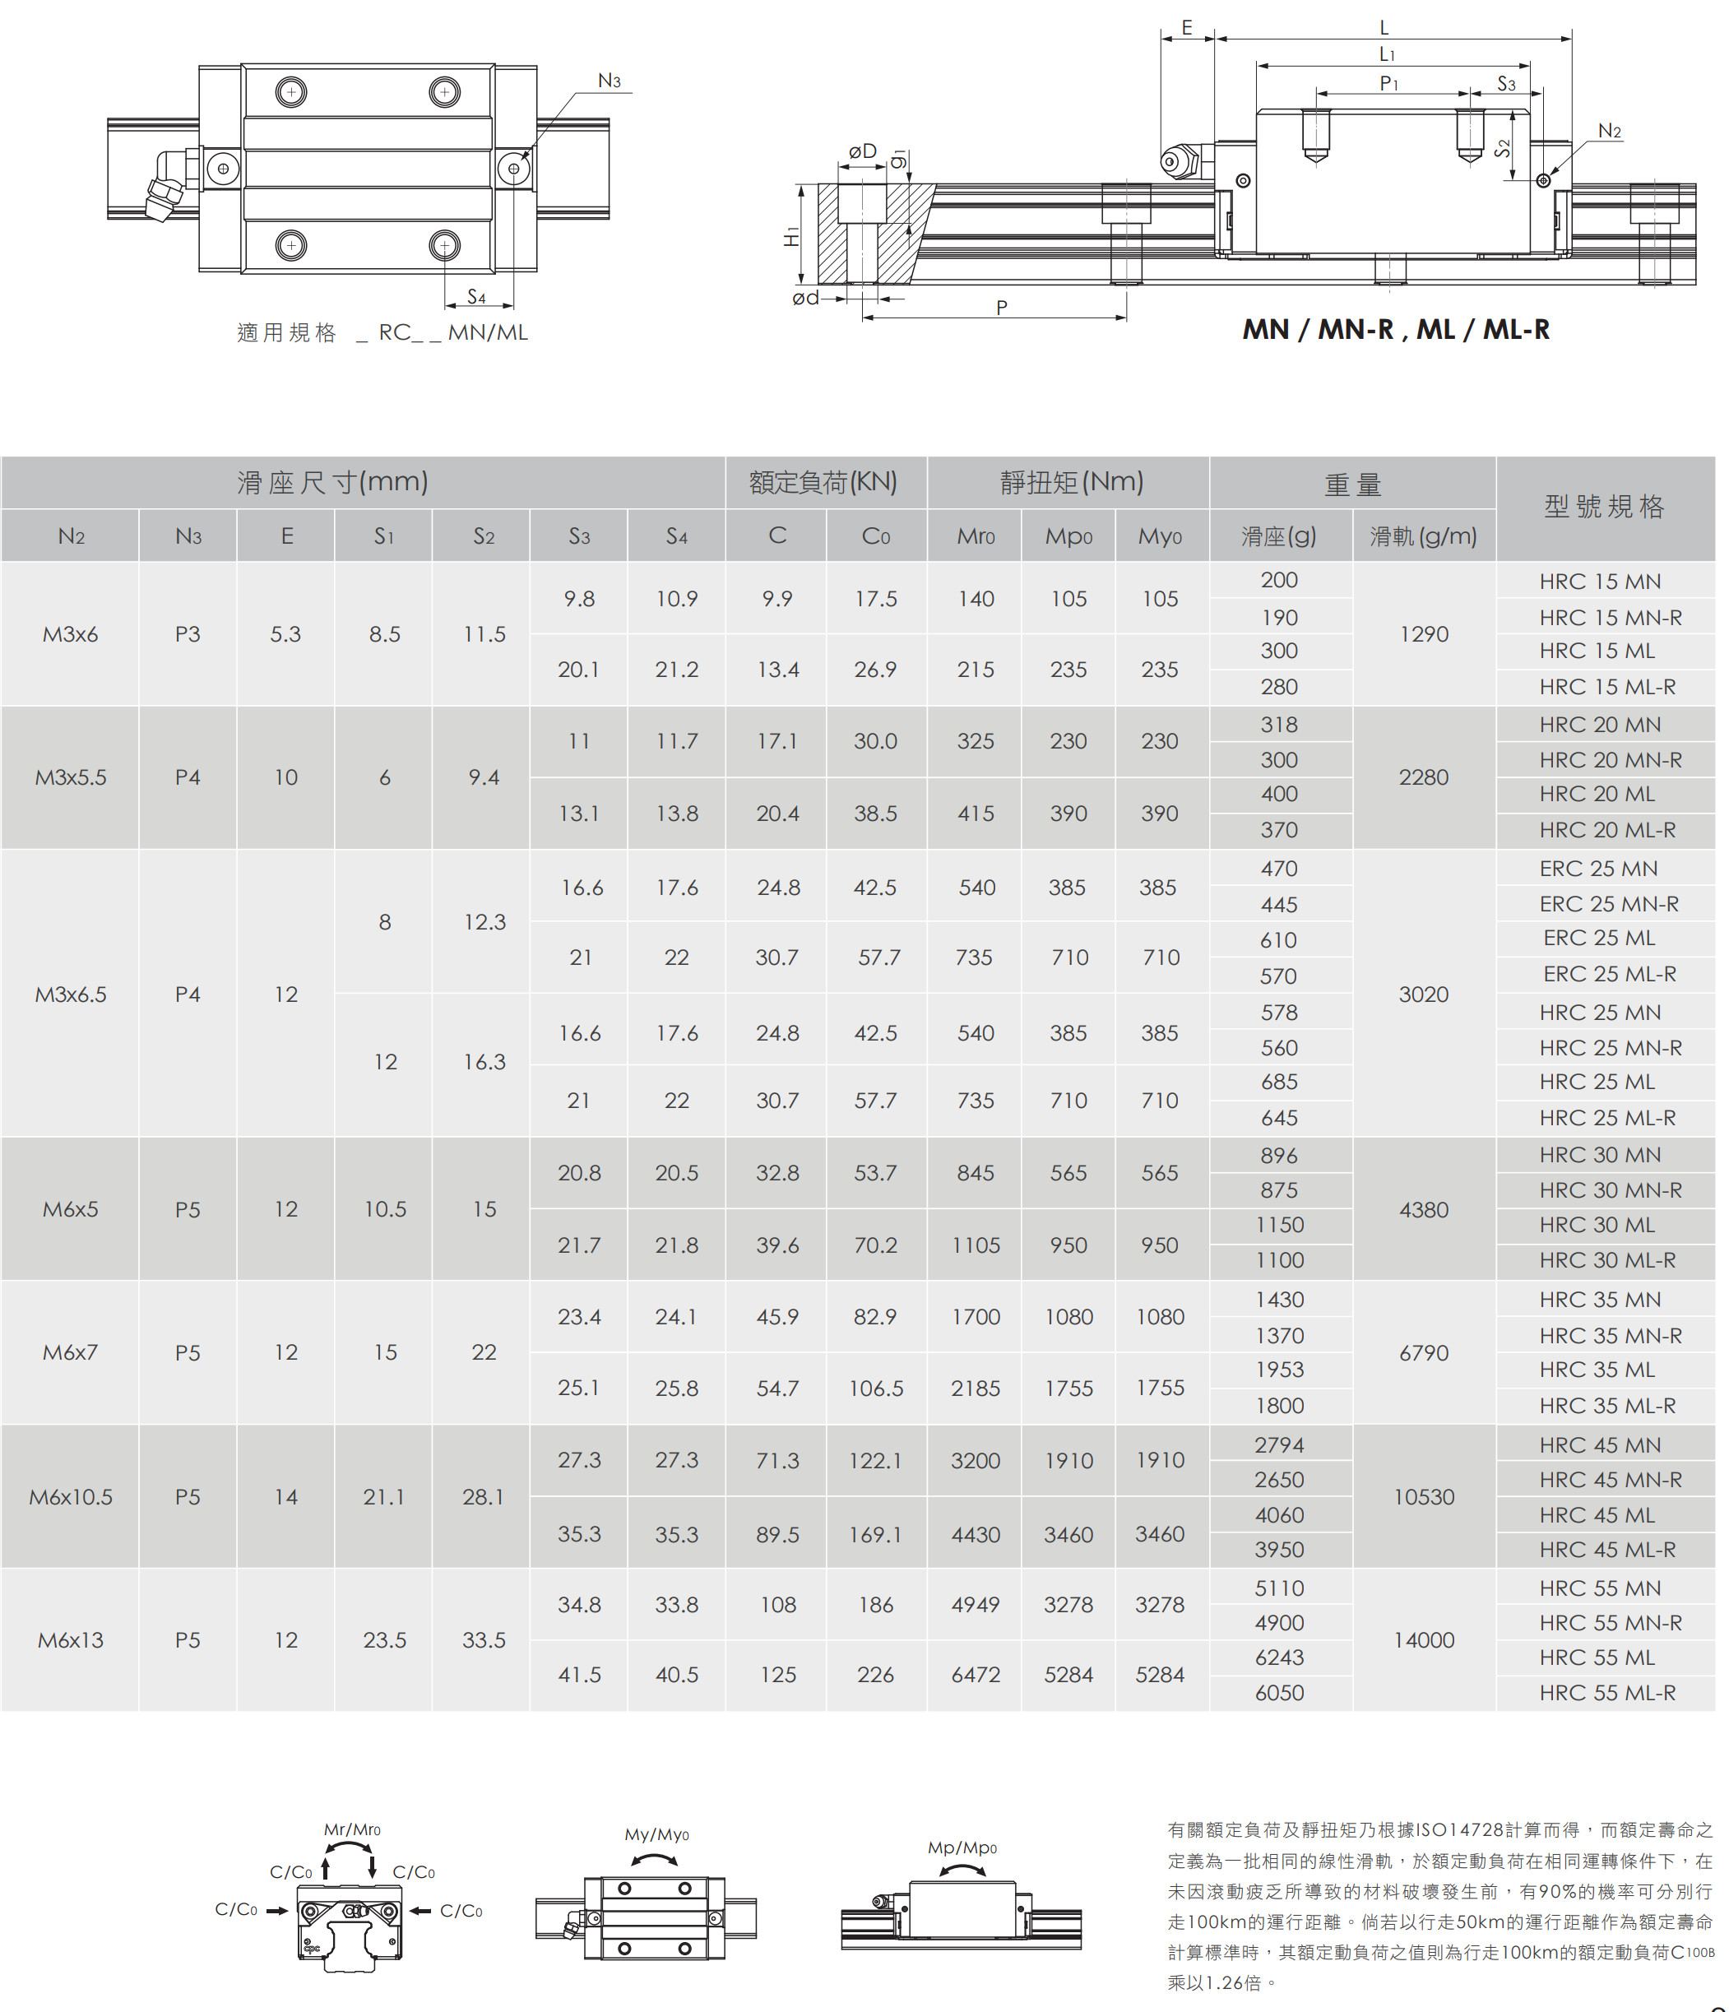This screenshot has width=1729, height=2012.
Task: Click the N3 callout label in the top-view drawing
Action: [609, 81]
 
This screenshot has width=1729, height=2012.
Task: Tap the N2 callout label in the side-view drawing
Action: [1609, 131]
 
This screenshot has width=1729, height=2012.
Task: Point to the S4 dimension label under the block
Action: [475, 297]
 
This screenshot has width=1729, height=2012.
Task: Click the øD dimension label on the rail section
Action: [862, 151]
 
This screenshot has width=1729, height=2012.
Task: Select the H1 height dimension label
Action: [792, 236]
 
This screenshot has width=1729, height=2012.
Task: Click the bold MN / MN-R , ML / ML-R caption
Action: [1395, 330]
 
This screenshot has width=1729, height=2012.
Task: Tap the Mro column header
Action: [975, 536]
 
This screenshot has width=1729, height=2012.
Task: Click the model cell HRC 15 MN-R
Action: [1610, 618]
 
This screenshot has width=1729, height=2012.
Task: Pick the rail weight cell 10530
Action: [1423, 1496]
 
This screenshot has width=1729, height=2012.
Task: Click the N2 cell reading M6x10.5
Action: [71, 1496]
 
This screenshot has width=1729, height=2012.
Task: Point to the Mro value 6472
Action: [975, 1674]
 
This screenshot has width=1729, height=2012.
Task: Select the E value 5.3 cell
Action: [285, 634]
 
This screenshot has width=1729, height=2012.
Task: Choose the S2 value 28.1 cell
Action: [483, 1496]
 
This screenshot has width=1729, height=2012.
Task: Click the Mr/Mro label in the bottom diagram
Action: [351, 1829]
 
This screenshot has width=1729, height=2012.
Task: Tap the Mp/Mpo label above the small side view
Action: [961, 1847]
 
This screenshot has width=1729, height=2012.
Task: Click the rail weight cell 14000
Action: [1423, 1640]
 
